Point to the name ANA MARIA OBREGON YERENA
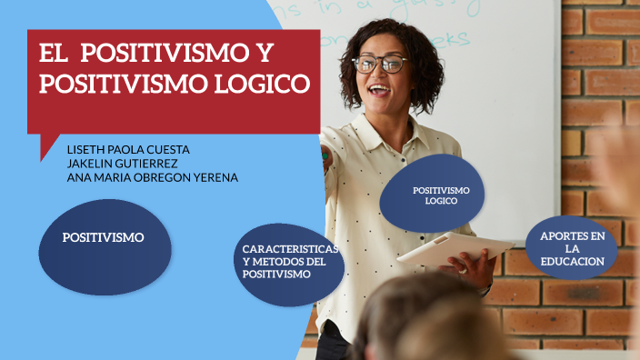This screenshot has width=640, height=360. [152, 177]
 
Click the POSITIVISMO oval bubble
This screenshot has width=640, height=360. [104, 238]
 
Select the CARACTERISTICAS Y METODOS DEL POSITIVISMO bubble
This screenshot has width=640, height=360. [288, 262]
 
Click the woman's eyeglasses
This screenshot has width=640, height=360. [380, 64]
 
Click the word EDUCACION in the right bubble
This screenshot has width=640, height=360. [572, 262]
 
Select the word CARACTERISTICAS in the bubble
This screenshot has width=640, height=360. [289, 249]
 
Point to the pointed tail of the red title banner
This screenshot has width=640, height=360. [45, 150]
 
